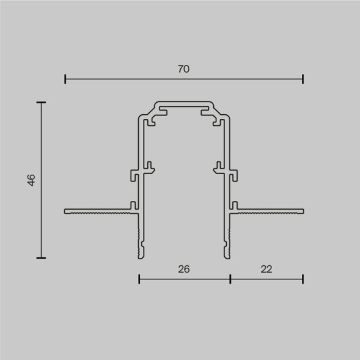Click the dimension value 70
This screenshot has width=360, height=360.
(x=184, y=69)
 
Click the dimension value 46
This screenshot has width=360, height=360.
(x=32, y=180)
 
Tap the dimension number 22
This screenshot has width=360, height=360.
(x=266, y=268)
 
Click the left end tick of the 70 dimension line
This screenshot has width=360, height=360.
(x=65, y=79)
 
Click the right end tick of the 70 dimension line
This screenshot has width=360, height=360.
(x=303, y=79)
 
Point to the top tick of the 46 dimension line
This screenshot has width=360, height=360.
(x=41, y=102)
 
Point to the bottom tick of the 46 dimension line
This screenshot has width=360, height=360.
(x=41, y=257)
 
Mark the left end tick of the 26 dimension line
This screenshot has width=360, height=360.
(x=139, y=279)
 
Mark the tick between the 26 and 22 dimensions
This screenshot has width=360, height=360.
(x=230, y=279)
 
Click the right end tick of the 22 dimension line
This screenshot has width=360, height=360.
(x=303, y=279)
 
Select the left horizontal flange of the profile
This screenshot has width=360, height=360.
(x=98, y=211)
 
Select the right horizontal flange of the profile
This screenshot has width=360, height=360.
(x=269, y=211)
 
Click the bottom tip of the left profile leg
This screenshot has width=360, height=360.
(x=141, y=255)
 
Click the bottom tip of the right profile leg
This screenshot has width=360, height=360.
(x=228, y=255)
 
